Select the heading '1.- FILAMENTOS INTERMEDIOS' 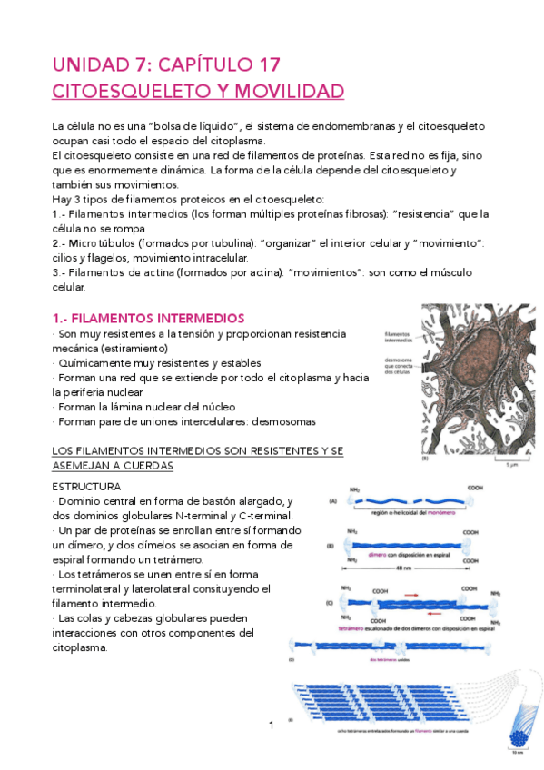(148, 318)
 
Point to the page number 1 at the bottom (271, 725)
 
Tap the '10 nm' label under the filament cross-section (515, 753)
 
